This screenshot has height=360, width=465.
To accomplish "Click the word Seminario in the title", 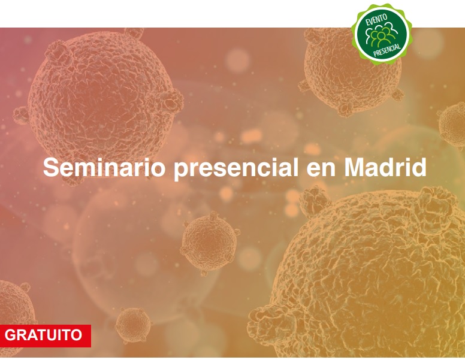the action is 104,167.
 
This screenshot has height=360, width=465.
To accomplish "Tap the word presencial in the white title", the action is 236,168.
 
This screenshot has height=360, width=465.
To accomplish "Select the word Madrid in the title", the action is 385,167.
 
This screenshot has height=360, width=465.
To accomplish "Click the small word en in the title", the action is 321,170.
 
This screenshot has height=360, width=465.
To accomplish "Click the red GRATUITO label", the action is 45,335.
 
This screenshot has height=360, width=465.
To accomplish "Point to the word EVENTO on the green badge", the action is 377,21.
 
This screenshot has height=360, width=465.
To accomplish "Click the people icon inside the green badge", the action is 381,35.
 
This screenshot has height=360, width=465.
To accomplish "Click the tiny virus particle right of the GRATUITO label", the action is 133,325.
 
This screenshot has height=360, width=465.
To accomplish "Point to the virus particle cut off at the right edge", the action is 452,125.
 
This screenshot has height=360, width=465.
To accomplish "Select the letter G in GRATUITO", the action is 11,335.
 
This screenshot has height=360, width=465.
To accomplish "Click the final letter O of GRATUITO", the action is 76,335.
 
